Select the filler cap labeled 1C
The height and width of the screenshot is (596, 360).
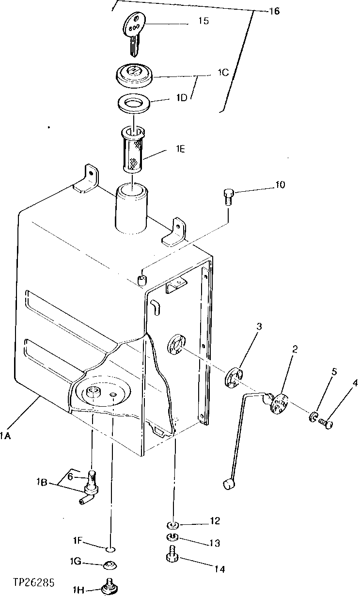[x=134, y=74]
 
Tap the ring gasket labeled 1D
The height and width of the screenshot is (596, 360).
[x=134, y=104]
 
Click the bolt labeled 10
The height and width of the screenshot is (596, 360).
[x=228, y=196]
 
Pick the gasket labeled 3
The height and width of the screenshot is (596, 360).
[x=234, y=377]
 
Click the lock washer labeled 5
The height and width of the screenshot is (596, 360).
[x=313, y=416]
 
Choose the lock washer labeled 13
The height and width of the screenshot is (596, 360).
[x=173, y=537]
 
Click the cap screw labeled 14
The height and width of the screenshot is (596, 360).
[x=173, y=554]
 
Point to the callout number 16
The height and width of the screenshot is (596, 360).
[x=274, y=11]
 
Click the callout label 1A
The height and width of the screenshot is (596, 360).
[x=6, y=436]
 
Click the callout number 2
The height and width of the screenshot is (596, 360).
[x=294, y=349]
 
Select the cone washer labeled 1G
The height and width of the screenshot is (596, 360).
[x=110, y=565]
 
